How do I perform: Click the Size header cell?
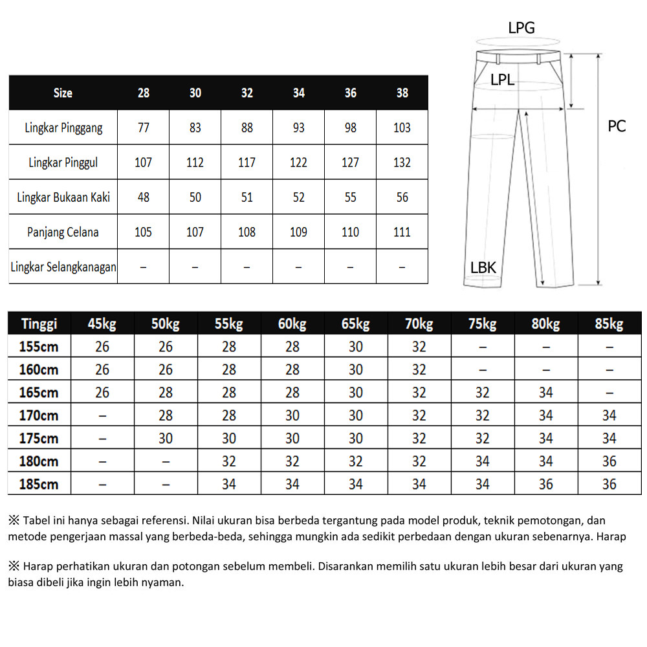click(63, 93)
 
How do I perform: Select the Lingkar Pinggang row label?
click(63, 127)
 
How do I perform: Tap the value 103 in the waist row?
click(402, 127)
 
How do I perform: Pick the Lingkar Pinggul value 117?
click(247, 162)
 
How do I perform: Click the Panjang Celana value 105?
click(143, 232)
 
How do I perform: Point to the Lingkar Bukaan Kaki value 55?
click(350, 197)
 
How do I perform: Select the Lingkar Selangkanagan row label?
click(63, 267)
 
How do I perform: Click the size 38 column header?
click(402, 93)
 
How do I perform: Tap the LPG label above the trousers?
click(521, 28)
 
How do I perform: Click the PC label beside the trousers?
click(617, 126)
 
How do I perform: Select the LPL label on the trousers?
click(503, 80)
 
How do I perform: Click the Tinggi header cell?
click(39, 323)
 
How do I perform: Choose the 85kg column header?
click(609, 323)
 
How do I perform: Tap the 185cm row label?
click(39, 484)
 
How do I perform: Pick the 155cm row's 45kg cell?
click(102, 347)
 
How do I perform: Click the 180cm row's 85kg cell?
click(609, 461)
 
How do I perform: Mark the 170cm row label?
click(39, 415)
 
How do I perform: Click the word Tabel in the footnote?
click(37, 521)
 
